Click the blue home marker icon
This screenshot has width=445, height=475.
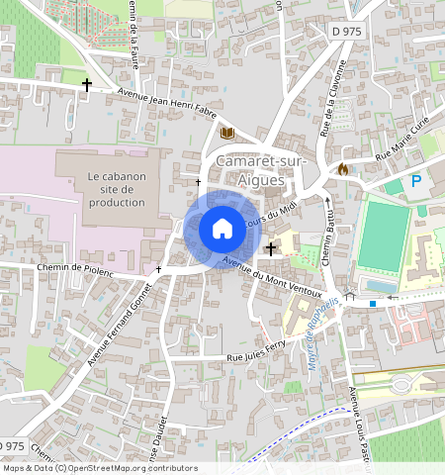click(x=222, y=230)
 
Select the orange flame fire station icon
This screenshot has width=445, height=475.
click(x=343, y=169)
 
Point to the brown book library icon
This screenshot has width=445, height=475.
click(x=227, y=133)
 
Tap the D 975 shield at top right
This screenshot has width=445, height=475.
click(x=347, y=32)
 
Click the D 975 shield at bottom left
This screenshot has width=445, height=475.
click(x=12, y=446)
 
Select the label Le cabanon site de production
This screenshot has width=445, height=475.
click(x=117, y=189)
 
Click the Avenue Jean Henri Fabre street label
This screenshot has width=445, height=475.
click(x=166, y=102)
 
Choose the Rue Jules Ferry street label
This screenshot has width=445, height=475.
click(x=255, y=355)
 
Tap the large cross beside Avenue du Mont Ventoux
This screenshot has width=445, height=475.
click(x=271, y=251)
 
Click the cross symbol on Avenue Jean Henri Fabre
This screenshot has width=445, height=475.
click(x=86, y=86)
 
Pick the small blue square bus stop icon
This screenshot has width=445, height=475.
click(x=372, y=303)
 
